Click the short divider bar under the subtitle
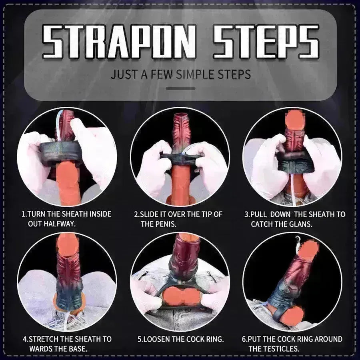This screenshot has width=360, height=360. point(180,88)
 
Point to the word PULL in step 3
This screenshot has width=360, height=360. point(260,214)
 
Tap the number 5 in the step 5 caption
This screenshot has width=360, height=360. point(140,339)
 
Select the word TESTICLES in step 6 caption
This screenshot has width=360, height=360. point(280,348)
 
